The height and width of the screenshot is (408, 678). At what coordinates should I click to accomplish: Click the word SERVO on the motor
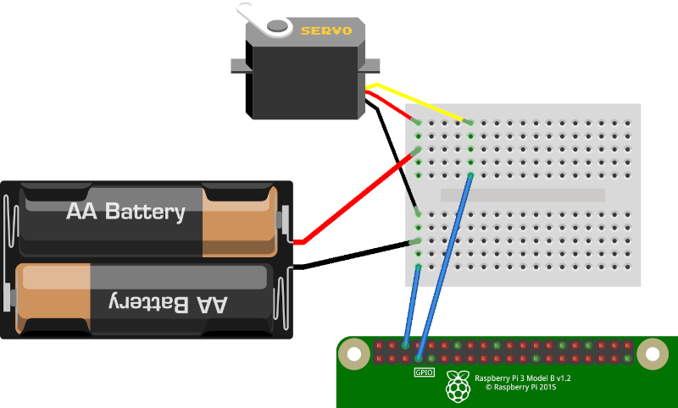pos(325,30)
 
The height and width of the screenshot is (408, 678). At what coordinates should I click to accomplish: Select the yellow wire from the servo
pos(424,102)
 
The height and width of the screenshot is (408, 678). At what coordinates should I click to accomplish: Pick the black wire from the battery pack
pos(356,256)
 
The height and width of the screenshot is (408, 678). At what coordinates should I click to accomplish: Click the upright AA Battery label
pos(125,211)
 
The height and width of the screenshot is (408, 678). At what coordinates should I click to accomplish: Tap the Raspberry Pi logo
pos(458,386)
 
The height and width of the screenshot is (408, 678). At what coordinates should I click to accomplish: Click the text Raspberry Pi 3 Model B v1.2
pos(522,378)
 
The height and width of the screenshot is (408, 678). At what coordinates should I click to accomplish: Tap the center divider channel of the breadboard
pos(523,195)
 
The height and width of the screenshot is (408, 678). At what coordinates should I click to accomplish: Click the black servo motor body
pos(305,80)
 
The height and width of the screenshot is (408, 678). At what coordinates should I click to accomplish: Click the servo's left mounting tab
pos(237,65)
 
